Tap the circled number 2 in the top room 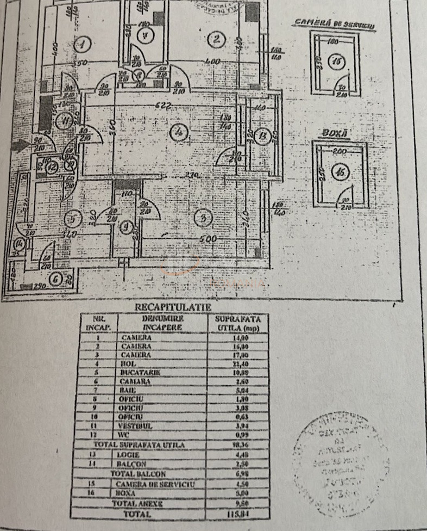tap(216, 39)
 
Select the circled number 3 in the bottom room tap(203, 219)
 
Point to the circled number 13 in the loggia tap(263, 135)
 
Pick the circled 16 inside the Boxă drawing tap(341, 173)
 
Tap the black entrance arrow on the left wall tap(21, 145)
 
